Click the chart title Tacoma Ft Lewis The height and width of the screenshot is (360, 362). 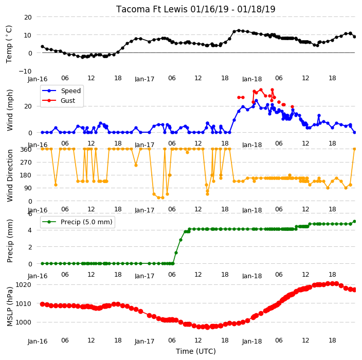pos(152,9)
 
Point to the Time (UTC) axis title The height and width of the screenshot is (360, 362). pos(196,351)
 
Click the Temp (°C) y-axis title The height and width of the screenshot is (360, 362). pos(9,44)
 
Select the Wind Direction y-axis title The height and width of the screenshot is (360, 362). pos(9,176)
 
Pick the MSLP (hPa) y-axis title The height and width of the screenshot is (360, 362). pos(9,307)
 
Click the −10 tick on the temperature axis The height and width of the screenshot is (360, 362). pos(25,71)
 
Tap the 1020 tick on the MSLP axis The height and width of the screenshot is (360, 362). pos(23,284)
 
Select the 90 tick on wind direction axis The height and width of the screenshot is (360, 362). pos(28,188)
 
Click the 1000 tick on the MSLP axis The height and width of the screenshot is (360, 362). pos(23,322)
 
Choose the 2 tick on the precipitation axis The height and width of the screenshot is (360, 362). pos(30,247)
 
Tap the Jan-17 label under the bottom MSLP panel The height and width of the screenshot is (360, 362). pos(144,341)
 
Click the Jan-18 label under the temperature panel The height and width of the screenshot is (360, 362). pos(252,79)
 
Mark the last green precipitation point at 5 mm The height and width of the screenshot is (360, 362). pos(355,222)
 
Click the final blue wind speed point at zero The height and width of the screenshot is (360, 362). pos(355,133)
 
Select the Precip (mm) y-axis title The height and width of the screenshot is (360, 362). pos(9,241)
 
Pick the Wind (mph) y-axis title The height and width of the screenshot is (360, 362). pos(9,110)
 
